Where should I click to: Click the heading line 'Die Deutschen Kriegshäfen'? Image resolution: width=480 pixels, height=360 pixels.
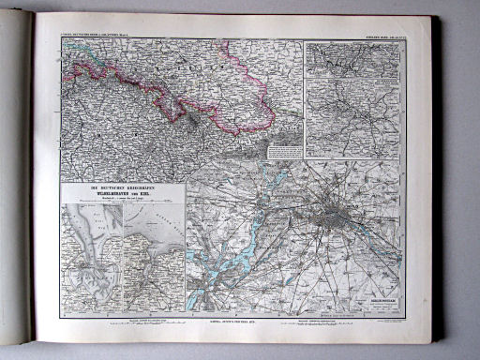(122, 187)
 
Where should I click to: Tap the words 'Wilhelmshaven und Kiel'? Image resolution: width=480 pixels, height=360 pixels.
(122, 194)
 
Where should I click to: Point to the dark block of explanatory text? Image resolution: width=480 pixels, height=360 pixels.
(285, 150)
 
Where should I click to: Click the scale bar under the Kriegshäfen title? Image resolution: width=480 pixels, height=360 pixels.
(122, 201)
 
